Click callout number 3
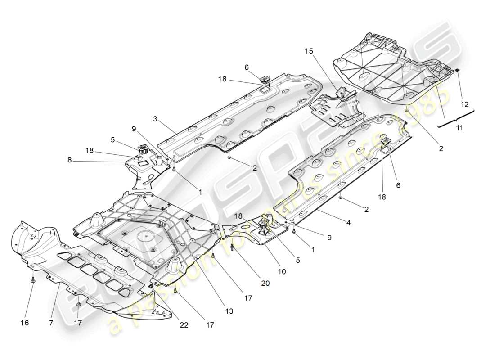pyautogui.click(x=155, y=119)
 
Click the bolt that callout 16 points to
pyautogui.click(x=34, y=280)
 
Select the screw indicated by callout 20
pyautogui.click(x=232, y=247)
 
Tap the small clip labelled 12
pyautogui.click(x=457, y=70)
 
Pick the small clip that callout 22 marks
pyautogui.click(x=152, y=287)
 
